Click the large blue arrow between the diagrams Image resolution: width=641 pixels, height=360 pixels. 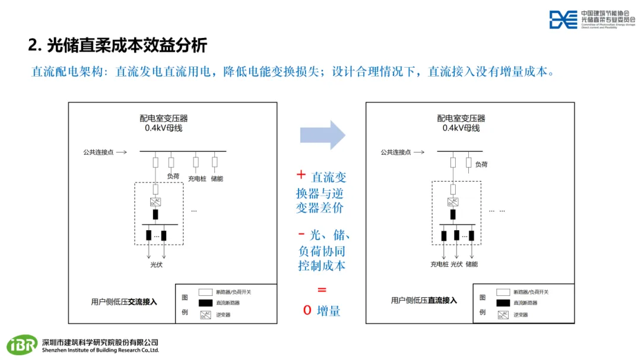point(323,135)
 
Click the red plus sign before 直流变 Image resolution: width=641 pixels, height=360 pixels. point(301,176)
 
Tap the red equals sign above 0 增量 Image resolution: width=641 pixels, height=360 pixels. point(322,290)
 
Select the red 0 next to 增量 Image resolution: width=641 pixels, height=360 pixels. point(307,310)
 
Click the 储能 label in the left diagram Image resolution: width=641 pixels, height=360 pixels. point(217,178)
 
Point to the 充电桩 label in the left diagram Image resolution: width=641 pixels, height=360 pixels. point(196,178)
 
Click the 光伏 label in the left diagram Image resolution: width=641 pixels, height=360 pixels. point(156,265)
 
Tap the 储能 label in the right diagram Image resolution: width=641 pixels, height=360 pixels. point(472,264)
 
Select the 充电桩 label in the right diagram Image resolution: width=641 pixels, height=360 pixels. point(439,264)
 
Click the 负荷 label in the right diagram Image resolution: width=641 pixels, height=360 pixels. point(481,164)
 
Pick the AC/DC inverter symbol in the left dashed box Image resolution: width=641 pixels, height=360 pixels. point(156,202)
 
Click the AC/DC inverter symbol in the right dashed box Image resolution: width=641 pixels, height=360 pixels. point(453,202)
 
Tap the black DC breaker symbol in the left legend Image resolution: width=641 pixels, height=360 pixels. point(205,303)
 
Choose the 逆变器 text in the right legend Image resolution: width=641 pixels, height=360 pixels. point(522,315)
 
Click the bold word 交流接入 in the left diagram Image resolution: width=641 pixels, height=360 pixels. point(143,301)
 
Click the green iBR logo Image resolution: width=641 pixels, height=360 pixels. point(21,345)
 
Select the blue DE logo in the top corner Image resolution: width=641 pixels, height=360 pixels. point(563,20)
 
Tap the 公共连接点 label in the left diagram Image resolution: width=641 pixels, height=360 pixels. point(98,152)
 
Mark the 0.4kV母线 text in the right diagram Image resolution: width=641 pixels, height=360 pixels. point(461,128)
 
